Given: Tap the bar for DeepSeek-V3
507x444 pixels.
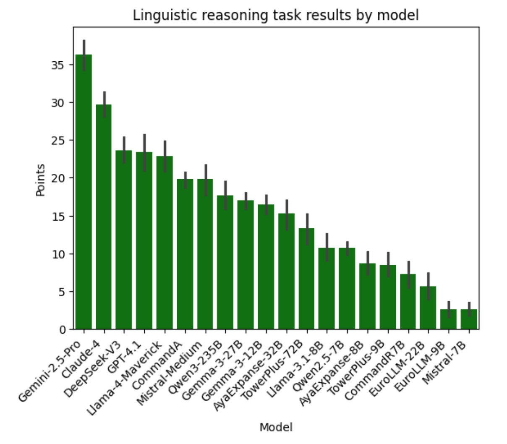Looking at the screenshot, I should [x=124, y=240].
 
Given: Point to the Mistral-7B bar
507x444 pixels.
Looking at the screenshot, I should [x=469, y=319].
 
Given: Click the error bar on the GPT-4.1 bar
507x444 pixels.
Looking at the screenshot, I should [x=144, y=153].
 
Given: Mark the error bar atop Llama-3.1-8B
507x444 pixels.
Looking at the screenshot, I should [x=327, y=248].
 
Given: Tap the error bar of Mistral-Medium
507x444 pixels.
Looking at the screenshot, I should [x=205, y=180].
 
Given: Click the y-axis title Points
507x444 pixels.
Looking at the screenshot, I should [x=41, y=180].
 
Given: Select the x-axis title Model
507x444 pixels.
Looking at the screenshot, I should [x=276, y=428].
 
